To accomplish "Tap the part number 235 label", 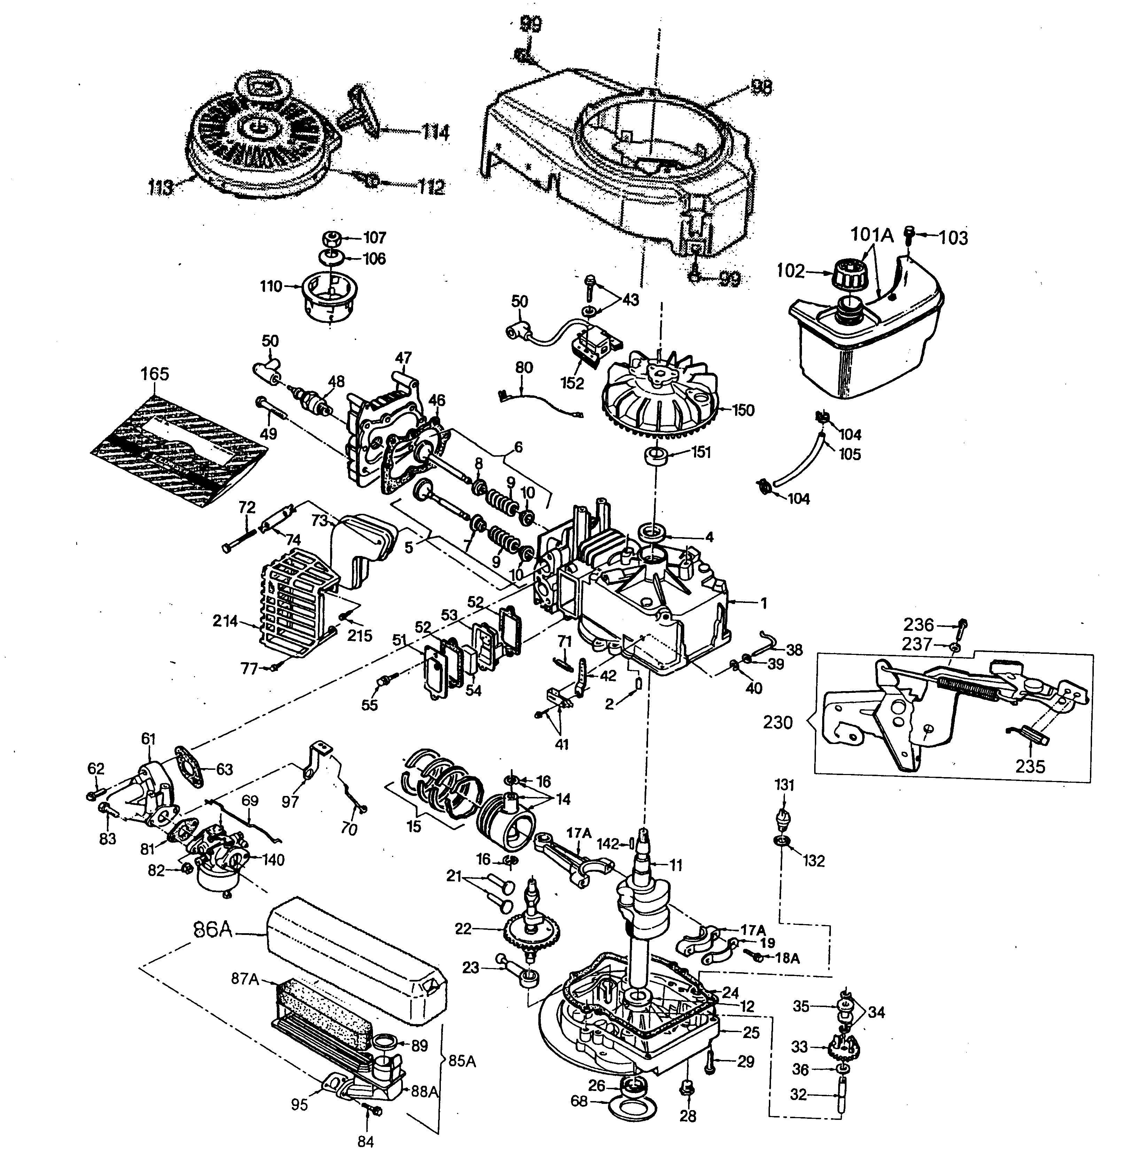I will point(1030,766).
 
